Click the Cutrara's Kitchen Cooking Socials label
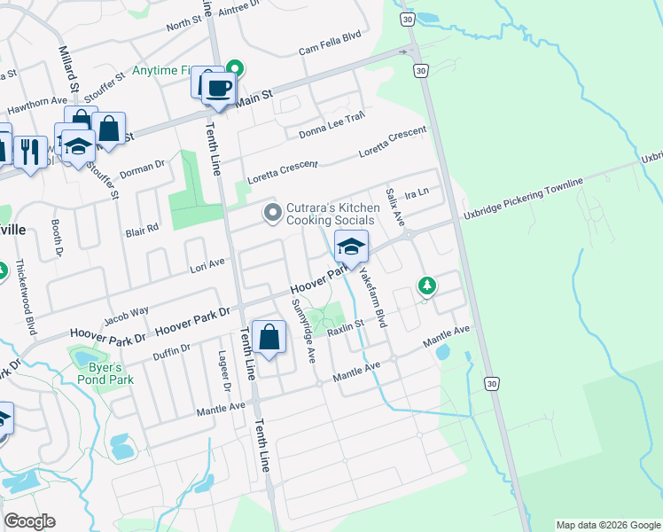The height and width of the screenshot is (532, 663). [x=332, y=214]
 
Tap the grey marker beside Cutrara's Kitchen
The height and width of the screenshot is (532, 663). [x=273, y=213]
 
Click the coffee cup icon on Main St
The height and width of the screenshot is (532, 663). [x=218, y=88]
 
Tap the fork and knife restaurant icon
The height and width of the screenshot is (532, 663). [x=29, y=153]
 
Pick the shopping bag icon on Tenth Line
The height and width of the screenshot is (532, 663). [x=269, y=338]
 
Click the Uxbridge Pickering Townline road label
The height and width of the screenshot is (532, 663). [x=522, y=199]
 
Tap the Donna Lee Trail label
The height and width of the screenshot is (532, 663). [x=332, y=123]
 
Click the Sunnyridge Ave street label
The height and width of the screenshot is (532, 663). [x=304, y=332]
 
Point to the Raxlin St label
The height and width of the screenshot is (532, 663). [x=346, y=327]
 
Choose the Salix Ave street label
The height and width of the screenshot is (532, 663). [x=395, y=206]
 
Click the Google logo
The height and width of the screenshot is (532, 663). [x=29, y=521]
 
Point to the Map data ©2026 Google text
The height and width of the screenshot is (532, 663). [x=608, y=525]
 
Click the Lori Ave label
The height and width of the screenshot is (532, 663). [x=207, y=264]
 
